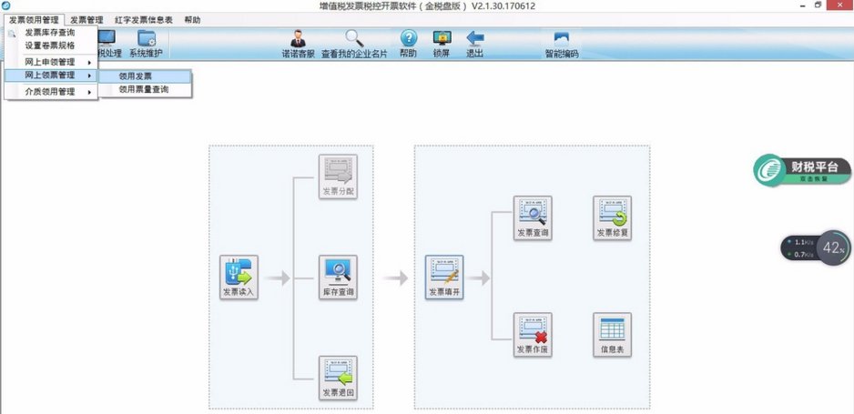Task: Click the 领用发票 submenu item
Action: (x=136, y=76)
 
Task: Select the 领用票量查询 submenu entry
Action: (x=143, y=89)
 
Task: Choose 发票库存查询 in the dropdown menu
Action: (x=50, y=33)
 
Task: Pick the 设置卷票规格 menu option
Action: (x=50, y=45)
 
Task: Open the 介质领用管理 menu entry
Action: (x=50, y=92)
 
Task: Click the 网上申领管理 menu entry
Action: (x=50, y=62)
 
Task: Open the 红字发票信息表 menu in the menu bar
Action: (x=144, y=19)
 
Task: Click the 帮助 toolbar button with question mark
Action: (x=408, y=43)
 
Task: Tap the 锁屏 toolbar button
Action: (x=442, y=43)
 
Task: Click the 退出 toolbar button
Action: (x=474, y=43)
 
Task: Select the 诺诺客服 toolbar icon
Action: (x=297, y=43)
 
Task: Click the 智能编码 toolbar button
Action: (x=561, y=43)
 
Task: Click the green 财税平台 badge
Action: (x=801, y=170)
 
